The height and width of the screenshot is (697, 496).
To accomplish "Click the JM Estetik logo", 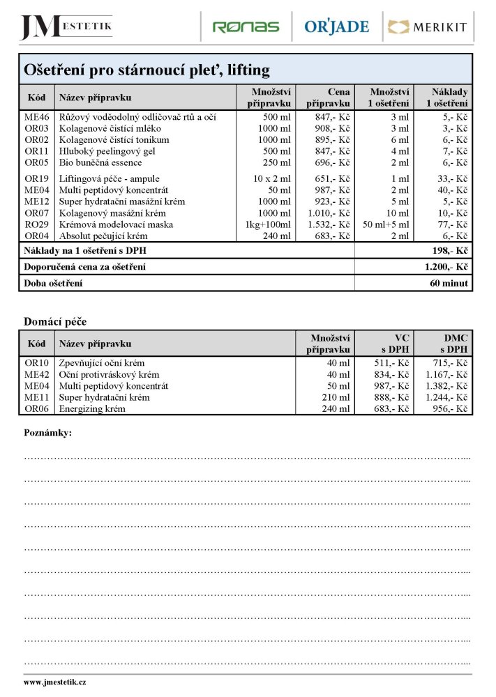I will point(66,26).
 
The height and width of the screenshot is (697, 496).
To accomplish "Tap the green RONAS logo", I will point(245,27).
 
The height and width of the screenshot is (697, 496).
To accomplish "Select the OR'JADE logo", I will point(336,27).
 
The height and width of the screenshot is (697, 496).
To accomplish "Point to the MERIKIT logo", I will point(426,28).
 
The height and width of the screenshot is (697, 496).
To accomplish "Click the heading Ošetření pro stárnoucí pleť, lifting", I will point(146,70).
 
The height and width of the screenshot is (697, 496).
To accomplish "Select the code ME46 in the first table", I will point(37,117).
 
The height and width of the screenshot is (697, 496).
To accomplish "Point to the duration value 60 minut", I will point(449,283).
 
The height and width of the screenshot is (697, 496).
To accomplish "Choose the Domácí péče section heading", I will point(55,321).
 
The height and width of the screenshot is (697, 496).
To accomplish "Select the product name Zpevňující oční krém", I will point(102,363).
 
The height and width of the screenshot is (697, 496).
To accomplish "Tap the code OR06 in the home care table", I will point(37,408).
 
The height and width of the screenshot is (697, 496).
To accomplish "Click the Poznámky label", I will point(47,433).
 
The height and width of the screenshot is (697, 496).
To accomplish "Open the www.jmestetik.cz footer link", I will point(55,682).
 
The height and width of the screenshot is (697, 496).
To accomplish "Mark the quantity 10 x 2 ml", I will point(272,179).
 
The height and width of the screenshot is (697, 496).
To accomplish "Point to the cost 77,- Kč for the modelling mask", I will point(451,224).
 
